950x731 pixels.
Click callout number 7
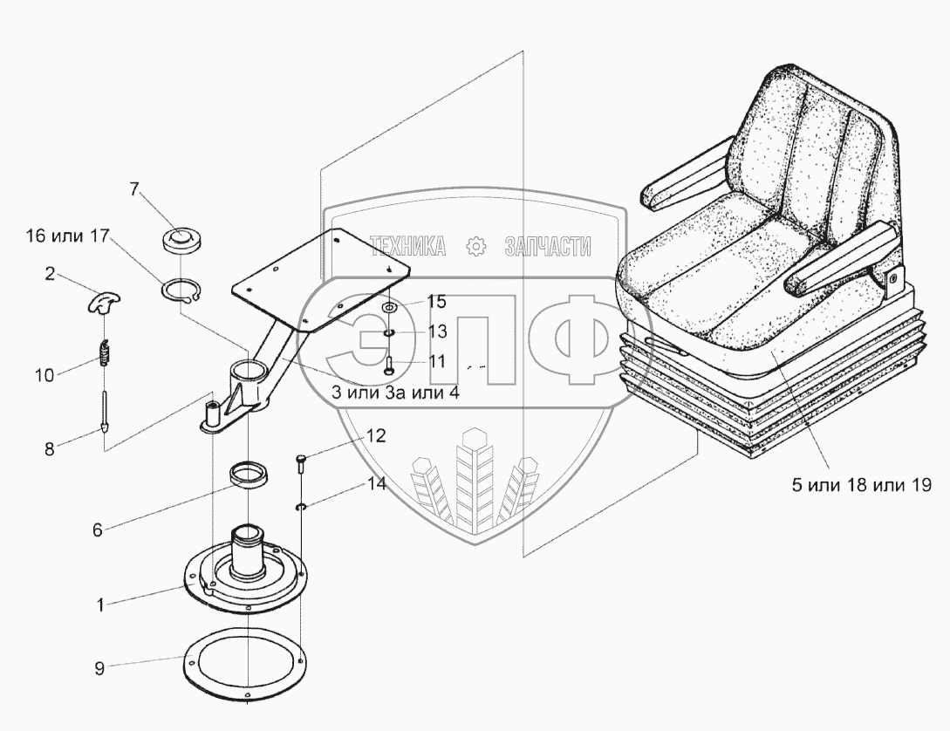pyautogui.click(x=134, y=188)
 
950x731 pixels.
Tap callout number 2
pyautogui.click(x=50, y=275)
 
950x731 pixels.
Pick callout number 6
pyautogui.click(x=98, y=529)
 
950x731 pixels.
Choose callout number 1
pyautogui.click(x=100, y=604)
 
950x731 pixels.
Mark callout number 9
pyautogui.click(x=99, y=668)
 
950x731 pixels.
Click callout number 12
pyautogui.click(x=375, y=434)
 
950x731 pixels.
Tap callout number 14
pyautogui.click(x=376, y=485)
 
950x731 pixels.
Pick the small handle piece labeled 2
pyautogui.click(x=105, y=302)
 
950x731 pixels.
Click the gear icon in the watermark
pyautogui.click(x=476, y=247)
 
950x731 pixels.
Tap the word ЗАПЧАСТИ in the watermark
pyautogui.click(x=547, y=247)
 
